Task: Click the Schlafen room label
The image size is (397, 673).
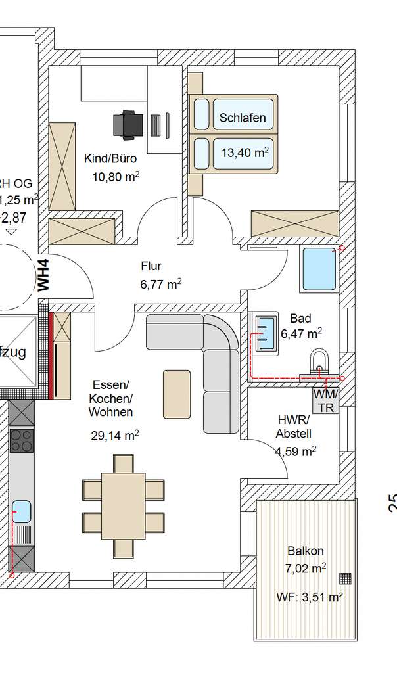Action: coord(243,118)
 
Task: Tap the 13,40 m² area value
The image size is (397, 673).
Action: coord(245,153)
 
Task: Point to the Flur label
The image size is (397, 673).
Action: coord(151,266)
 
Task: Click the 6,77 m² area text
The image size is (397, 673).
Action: coord(160,284)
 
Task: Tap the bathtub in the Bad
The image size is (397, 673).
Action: coord(318,269)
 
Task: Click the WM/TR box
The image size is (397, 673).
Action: coord(325,400)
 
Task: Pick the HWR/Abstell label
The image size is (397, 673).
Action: coord(294,427)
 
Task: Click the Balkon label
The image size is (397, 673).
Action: coord(305,551)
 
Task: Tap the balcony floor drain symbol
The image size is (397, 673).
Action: coord(346,578)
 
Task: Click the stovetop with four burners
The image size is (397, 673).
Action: coord(22,440)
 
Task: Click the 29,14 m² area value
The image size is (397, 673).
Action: coord(114,435)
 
